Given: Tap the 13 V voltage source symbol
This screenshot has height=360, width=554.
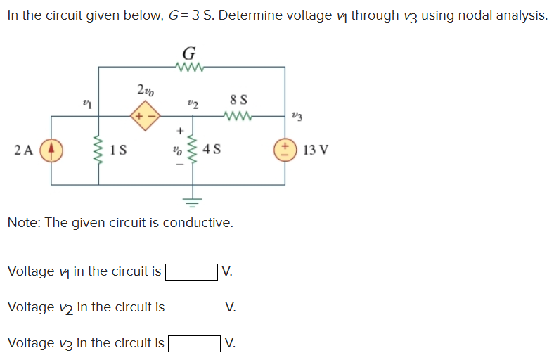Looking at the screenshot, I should click(x=285, y=150).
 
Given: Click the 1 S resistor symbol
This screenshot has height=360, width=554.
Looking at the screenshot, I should click(x=98, y=150).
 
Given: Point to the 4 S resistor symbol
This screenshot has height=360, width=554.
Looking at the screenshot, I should click(x=191, y=150).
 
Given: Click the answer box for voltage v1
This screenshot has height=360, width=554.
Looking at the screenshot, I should click(x=191, y=271).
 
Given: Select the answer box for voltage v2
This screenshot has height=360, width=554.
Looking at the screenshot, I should click(x=195, y=307).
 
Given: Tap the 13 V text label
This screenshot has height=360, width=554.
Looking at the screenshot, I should click(x=316, y=150).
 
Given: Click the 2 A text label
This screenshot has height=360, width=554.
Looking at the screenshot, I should click(x=23, y=150).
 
